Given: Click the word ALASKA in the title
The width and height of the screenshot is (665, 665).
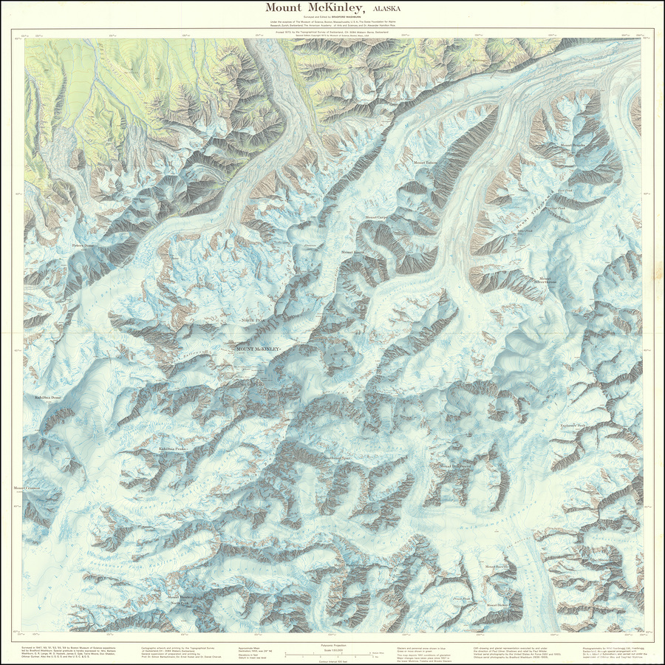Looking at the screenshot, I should coord(388,8).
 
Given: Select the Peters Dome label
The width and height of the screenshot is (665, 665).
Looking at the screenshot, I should coord(85,246).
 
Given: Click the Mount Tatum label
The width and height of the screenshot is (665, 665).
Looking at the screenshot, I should coord(426,163).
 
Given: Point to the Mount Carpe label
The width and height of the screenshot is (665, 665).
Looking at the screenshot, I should coord(376,218).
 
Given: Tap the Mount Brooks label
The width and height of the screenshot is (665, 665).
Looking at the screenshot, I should coord(573,146).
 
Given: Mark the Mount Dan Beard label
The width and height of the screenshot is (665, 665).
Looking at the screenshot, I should coord(456,466).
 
